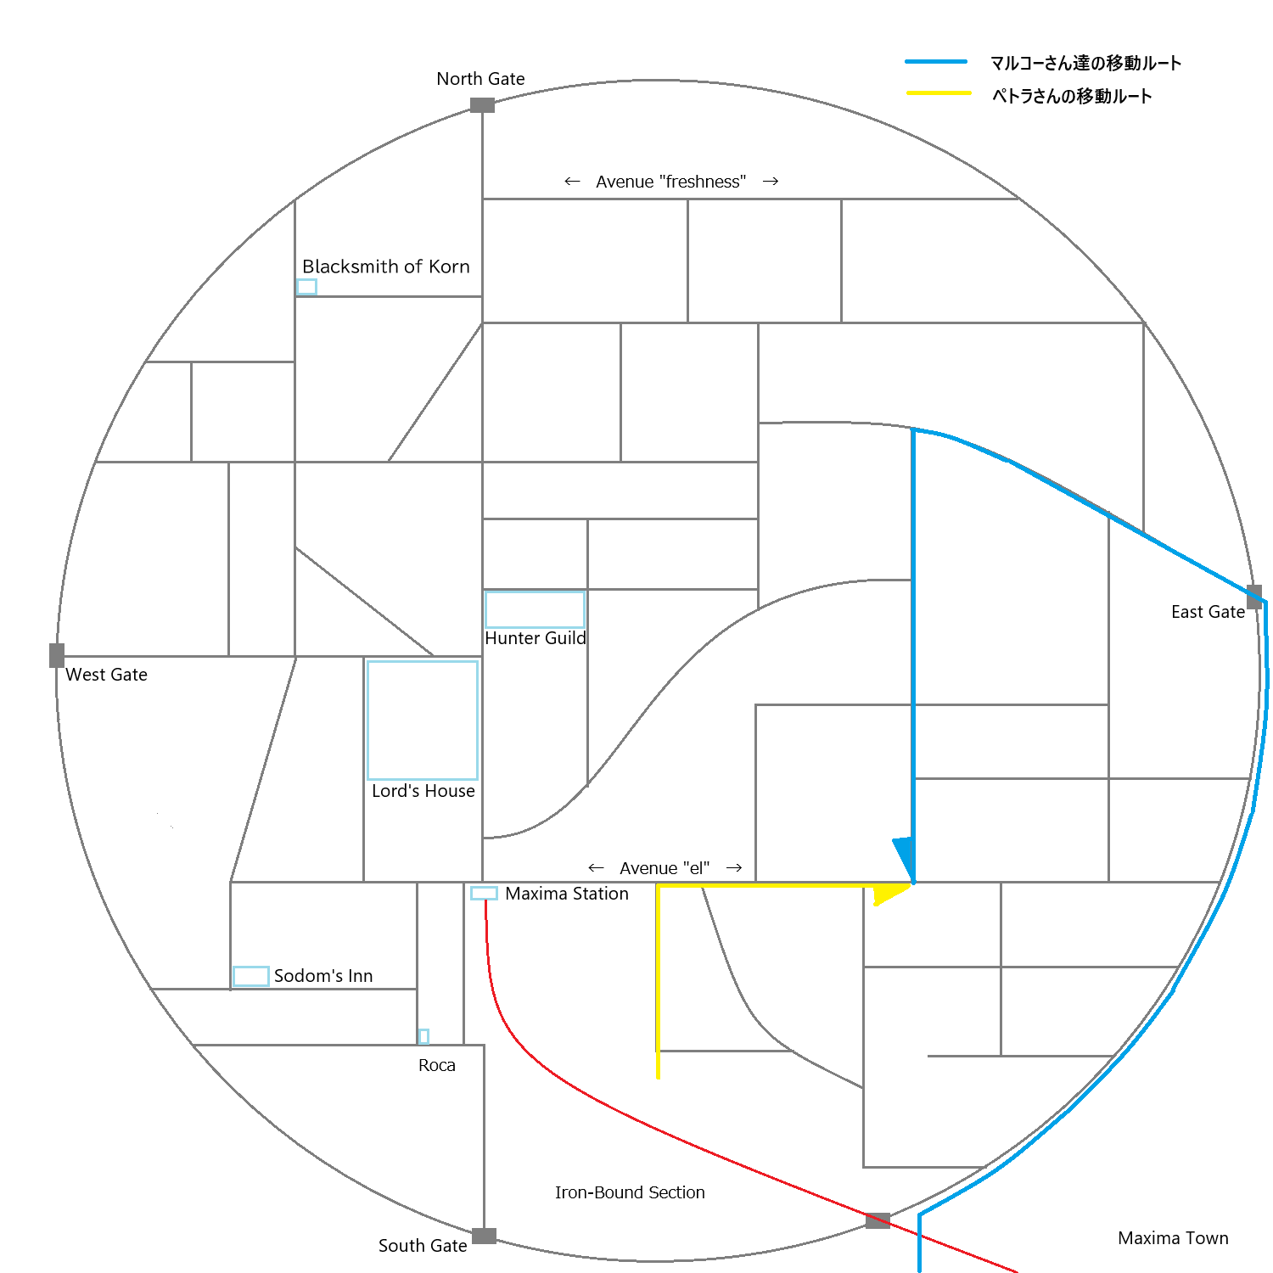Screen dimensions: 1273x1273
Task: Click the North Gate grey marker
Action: tap(482, 105)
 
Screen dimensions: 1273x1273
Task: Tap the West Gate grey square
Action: tap(57, 655)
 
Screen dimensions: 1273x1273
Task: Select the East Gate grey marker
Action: tap(1254, 596)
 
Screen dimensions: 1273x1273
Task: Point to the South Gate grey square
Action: tap(484, 1236)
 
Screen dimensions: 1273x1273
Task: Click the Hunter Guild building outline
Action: tap(535, 609)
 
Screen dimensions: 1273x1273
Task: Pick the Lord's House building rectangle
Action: tap(423, 720)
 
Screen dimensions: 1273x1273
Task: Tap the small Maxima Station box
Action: tap(484, 893)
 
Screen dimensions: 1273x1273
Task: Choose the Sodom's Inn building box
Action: tap(251, 976)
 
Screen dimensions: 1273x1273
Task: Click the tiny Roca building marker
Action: tap(423, 1036)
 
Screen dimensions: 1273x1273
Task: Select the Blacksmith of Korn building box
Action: tap(306, 287)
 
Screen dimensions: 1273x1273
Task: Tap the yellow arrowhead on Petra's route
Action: tap(889, 893)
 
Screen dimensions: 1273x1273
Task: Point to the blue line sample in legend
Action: tap(936, 62)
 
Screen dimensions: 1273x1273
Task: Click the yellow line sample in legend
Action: tap(939, 93)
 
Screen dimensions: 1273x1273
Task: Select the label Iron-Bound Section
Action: tap(630, 1192)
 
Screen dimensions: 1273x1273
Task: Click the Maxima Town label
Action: tap(1173, 1238)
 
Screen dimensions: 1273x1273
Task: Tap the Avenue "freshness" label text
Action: tap(670, 182)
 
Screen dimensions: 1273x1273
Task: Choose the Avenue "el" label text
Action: tap(665, 868)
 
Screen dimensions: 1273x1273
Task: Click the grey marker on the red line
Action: tap(878, 1220)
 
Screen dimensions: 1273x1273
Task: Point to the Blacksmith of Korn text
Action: tap(386, 266)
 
